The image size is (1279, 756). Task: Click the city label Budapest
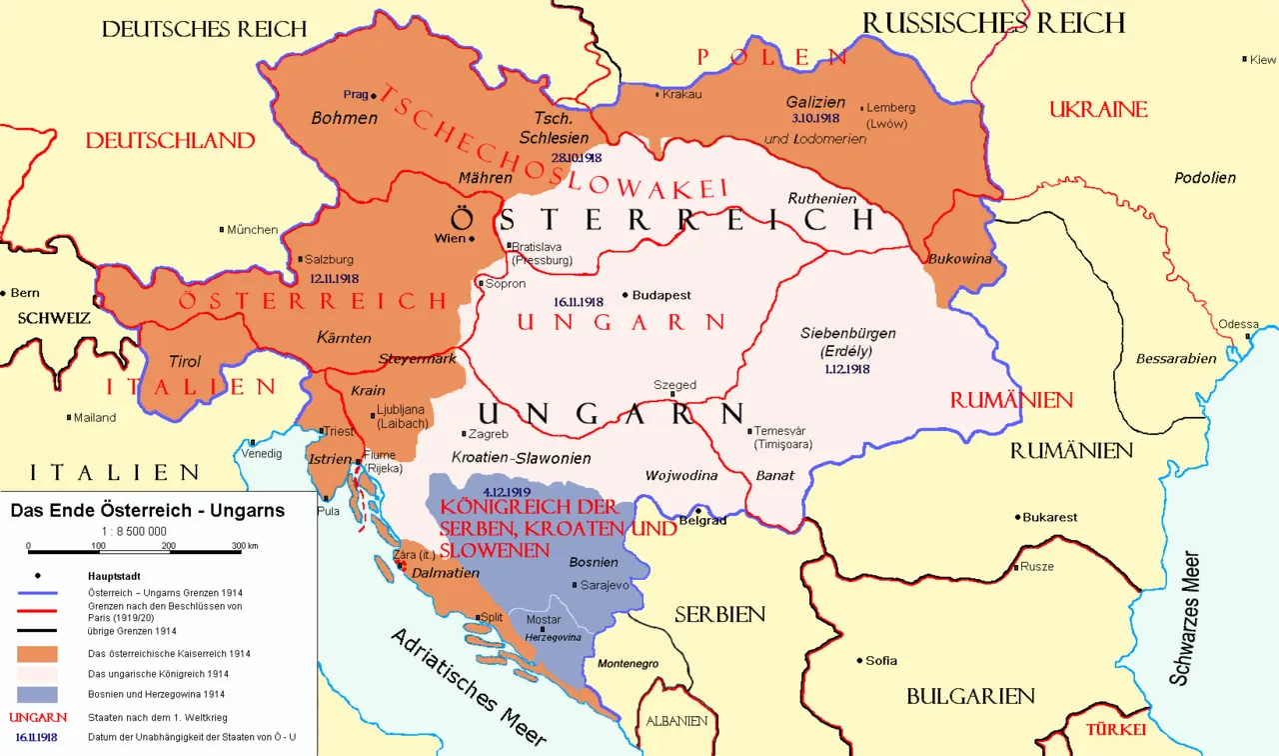coord(661,296)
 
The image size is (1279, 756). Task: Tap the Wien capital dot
coord(472,239)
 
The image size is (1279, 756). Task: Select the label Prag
coord(355,94)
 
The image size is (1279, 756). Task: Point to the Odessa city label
coord(1238,324)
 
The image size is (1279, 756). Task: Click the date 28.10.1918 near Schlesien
coord(576,157)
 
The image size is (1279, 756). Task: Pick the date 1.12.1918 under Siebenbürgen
coord(847,369)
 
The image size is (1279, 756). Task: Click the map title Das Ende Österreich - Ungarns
coord(147,511)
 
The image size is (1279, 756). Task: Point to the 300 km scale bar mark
coord(245,546)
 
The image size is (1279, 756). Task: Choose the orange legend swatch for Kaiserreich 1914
coord(36,654)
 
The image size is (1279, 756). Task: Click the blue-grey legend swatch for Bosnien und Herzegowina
coord(36,694)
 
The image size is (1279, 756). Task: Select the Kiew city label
coord(1263,60)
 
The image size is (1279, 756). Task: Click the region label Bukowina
coord(960,259)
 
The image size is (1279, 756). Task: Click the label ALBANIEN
coord(675,721)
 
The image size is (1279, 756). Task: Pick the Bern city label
coord(24,293)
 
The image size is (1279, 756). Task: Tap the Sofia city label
coord(881,660)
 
